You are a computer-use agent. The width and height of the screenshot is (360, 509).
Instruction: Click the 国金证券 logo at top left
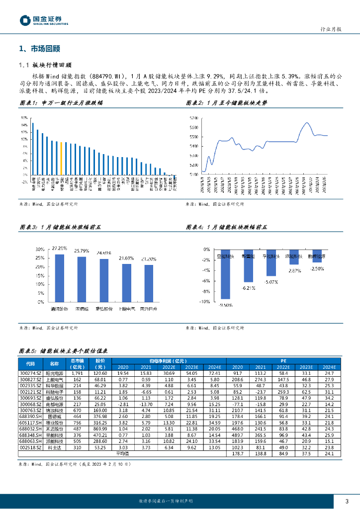click(44, 20)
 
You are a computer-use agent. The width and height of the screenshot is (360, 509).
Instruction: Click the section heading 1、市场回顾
click(39, 49)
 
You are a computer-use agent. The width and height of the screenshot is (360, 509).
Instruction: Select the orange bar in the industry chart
click(61, 159)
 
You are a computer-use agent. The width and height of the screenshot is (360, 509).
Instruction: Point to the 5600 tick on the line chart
click(194, 127)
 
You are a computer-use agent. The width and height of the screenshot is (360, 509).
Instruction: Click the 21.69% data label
click(126, 258)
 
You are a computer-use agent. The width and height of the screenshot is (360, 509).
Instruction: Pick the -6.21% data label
click(249, 288)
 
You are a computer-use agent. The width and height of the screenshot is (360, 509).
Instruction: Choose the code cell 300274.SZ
click(30, 373)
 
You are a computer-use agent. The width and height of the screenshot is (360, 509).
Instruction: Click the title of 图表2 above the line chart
click(226, 102)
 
